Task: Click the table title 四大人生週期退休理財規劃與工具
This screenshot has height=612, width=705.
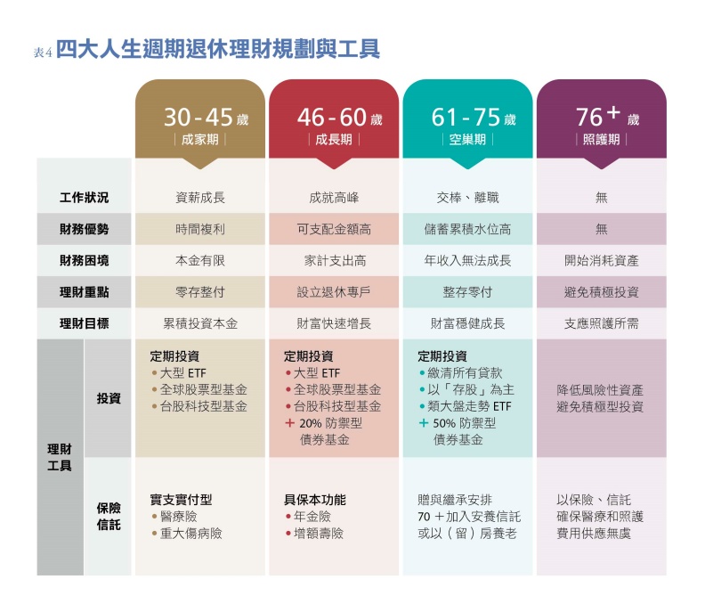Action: pos(218,49)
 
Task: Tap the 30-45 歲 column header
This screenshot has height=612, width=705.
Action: pos(200,126)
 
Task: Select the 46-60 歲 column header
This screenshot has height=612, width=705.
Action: pos(334,126)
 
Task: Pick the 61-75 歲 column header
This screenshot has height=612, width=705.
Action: pos(467,126)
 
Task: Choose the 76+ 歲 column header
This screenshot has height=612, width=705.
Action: pos(602,126)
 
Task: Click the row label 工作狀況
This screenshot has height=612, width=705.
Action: pos(84,198)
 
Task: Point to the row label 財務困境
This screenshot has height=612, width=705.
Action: pos(84,261)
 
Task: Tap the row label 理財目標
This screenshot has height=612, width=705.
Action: pos(84,323)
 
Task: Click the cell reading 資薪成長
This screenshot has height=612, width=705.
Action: pos(200,198)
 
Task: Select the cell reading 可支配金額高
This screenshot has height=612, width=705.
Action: pos(334,229)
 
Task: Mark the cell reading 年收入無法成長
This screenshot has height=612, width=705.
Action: pos(467,261)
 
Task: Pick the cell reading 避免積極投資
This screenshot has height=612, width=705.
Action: pos(602,292)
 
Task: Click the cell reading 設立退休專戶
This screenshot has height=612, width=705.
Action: pos(334,292)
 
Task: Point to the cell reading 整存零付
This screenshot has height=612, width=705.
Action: pos(467,292)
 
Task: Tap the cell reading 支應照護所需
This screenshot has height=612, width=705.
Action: pos(602,323)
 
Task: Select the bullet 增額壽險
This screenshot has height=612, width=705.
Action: pos(318,534)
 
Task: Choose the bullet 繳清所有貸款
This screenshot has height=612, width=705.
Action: pos(466,372)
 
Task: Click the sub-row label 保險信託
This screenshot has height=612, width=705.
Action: pos(109,516)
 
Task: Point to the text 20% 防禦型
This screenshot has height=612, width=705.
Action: pos(329,423)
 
